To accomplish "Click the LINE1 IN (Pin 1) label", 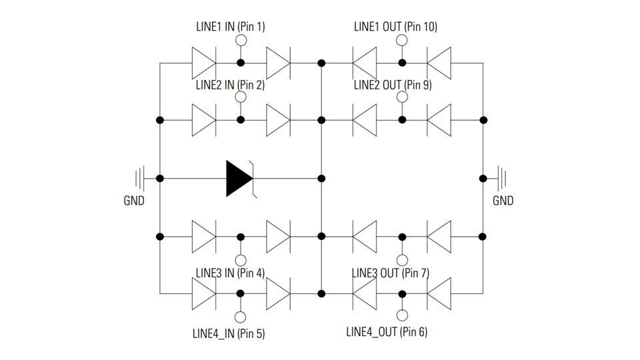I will pos(230,27).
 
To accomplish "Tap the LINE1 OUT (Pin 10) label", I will pos(395,27).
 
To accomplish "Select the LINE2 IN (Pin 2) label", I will pos(230,85).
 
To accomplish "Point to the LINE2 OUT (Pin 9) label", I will pos(393,85).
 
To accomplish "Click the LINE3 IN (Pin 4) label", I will pos(230,273).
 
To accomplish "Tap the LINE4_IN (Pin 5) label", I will pos(229,333).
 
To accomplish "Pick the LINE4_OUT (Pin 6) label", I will pos(387,331).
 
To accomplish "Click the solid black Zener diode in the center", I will pos(239,179).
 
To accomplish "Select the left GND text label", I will pos(134,201).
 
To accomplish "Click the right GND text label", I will pos(503,201).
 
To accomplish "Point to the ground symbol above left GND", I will pos(140,179).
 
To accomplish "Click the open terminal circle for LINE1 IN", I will pos(241,41).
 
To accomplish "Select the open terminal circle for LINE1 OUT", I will pos(402,41).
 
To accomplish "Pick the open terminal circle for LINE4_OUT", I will pos(402,317).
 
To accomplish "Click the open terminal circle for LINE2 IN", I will pos(241,97).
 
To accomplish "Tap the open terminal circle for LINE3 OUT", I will pos(402,260).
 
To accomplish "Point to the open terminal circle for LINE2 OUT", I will pos(402,97).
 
